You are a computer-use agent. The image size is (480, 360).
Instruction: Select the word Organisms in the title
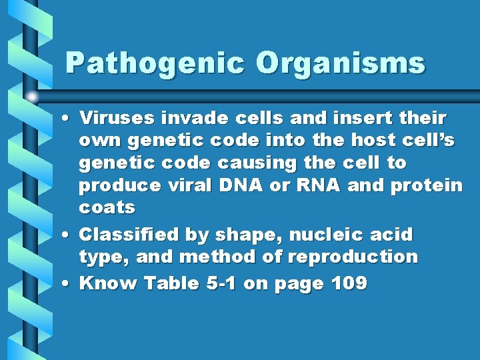pyautogui.click(x=340, y=63)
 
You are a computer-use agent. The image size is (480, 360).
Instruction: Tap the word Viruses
pyautogui.click(x=117, y=118)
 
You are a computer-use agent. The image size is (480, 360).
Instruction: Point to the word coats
pyautogui.click(x=107, y=208)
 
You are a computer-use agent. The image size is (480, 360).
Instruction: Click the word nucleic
pyautogui.click(x=320, y=235)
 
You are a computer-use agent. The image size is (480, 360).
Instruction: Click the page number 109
pyautogui.click(x=349, y=283)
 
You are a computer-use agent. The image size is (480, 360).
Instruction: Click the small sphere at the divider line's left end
pyautogui.click(x=33, y=96)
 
